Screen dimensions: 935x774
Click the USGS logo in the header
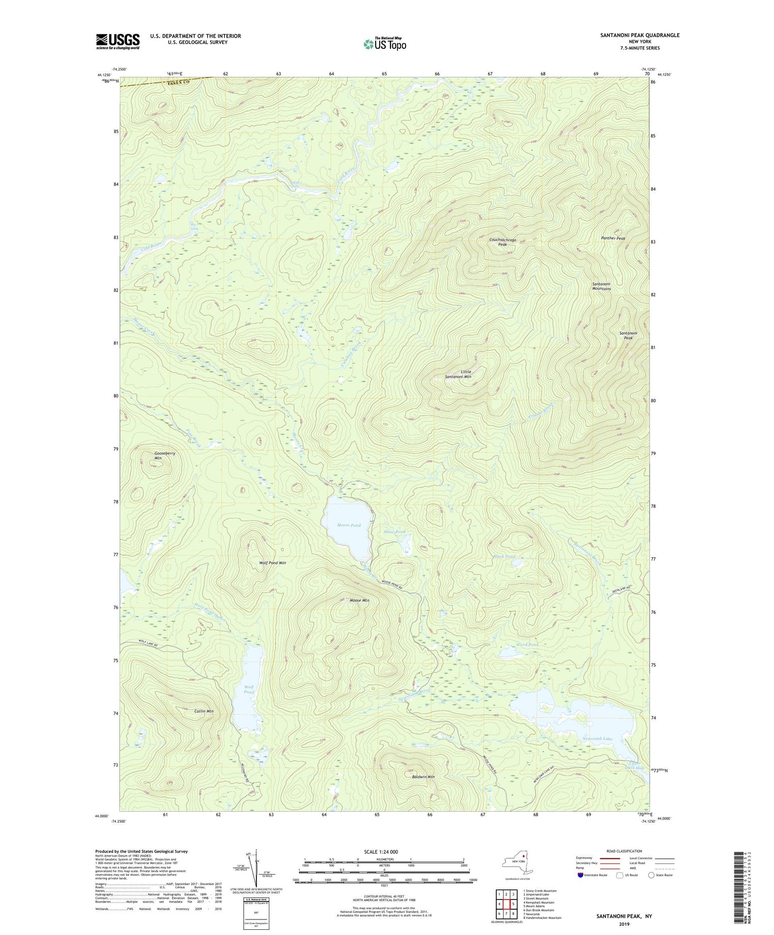118,41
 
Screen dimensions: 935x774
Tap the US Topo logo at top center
384,44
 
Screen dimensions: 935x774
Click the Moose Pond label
349,525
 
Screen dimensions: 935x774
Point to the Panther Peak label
613,238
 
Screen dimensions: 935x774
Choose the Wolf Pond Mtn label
272,563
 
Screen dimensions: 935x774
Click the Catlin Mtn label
204,711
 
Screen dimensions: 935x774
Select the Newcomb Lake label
597,739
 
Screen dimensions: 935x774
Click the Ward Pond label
527,645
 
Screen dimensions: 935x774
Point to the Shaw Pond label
394,532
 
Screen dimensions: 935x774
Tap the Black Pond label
504,556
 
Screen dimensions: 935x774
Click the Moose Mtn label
359,600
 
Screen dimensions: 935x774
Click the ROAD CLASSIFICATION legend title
624,851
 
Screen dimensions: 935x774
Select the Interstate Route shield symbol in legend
580,875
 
